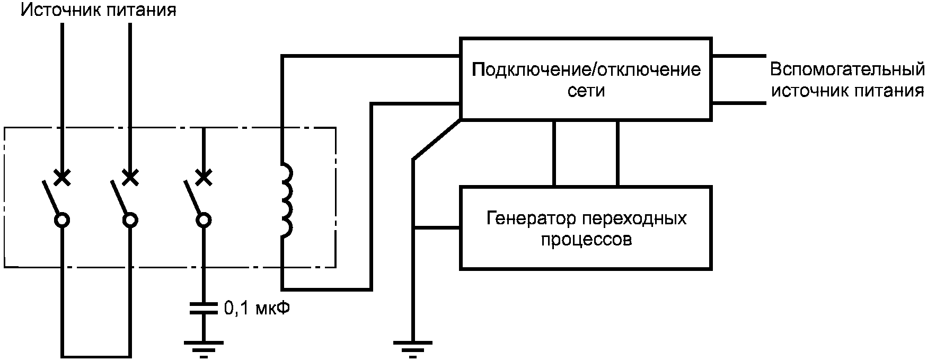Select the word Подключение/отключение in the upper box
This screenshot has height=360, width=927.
[x=586, y=69]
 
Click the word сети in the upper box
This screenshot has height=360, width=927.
[x=586, y=91]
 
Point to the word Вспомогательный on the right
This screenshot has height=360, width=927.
[x=846, y=70]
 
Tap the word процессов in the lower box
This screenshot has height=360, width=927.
[x=586, y=240]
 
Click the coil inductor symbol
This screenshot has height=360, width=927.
[x=286, y=201]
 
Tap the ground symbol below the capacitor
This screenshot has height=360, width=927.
[x=204, y=347]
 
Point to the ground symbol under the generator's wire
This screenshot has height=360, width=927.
[x=414, y=348]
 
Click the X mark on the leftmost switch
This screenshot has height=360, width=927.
[x=63, y=178]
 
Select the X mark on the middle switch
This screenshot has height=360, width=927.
[x=129, y=178]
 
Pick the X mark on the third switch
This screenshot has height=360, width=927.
[x=203, y=178]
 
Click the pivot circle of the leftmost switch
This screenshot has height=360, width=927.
[x=63, y=220]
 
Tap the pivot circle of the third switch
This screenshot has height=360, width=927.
[x=203, y=220]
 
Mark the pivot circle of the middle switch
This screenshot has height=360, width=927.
[x=129, y=220]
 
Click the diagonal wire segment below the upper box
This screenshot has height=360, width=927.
[x=437, y=139]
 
